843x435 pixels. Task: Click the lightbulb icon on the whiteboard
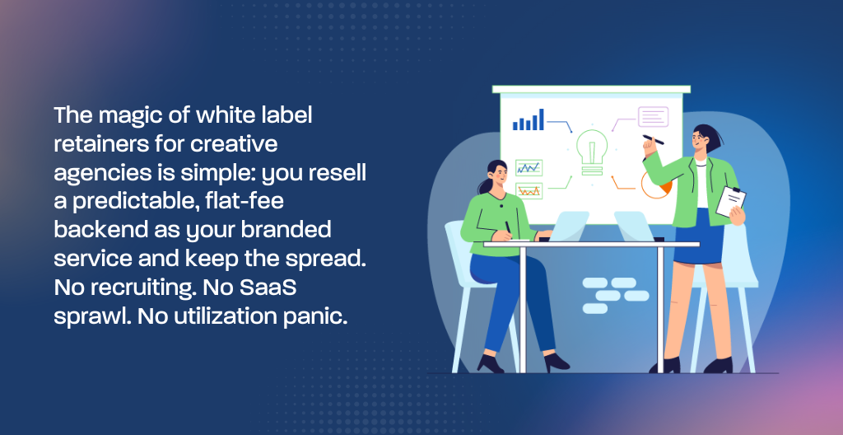click(592, 152)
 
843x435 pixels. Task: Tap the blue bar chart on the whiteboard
click(528, 119)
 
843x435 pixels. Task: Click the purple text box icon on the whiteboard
click(653, 117)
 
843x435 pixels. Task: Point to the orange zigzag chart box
click(529, 190)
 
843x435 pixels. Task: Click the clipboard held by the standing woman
click(731, 201)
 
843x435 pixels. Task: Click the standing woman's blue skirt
click(698, 236)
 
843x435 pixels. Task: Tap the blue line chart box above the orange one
click(529, 167)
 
